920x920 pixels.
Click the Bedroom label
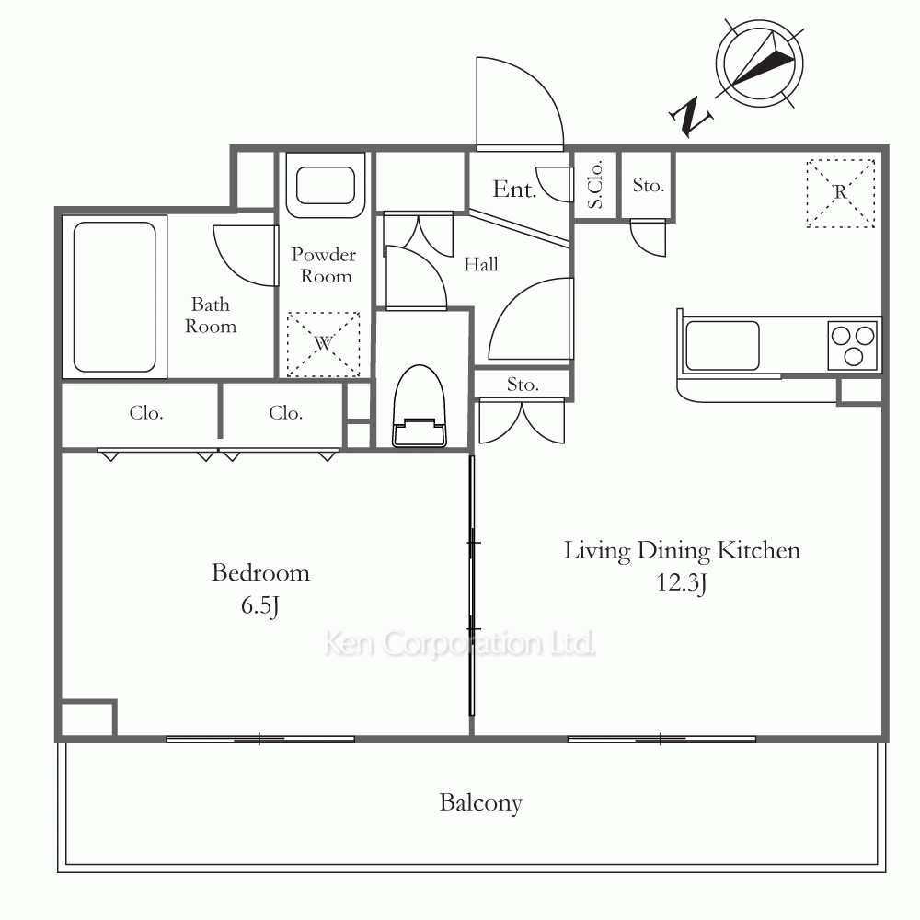click(x=260, y=572)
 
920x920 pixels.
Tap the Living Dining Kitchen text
click(x=682, y=551)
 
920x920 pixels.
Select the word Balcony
click(x=480, y=802)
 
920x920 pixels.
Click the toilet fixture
click(x=419, y=406)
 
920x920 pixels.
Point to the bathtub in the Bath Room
click(x=114, y=297)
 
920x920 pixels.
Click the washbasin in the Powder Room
click(x=326, y=186)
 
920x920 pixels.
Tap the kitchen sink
click(x=722, y=346)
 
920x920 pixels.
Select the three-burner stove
click(x=854, y=346)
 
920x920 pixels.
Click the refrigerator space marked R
click(x=841, y=193)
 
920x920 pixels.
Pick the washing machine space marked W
click(x=323, y=344)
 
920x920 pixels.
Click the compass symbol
click(x=760, y=63)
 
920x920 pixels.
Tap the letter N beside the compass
click(x=691, y=116)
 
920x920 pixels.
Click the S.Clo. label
click(x=595, y=185)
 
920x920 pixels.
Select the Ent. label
click(x=514, y=189)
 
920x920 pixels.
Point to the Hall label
click(x=481, y=264)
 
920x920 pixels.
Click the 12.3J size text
click(x=682, y=582)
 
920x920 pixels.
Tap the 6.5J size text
click(x=260, y=605)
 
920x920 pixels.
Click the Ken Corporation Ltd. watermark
click(x=459, y=644)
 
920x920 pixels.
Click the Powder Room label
click(x=324, y=265)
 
